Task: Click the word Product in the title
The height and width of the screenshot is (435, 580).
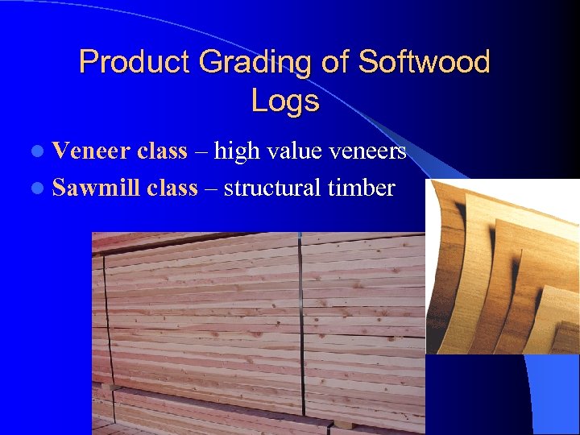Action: (129, 62)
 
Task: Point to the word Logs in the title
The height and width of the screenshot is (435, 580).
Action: (284, 101)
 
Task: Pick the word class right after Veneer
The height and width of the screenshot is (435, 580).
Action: (163, 151)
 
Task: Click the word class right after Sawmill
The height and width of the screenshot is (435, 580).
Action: (172, 188)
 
